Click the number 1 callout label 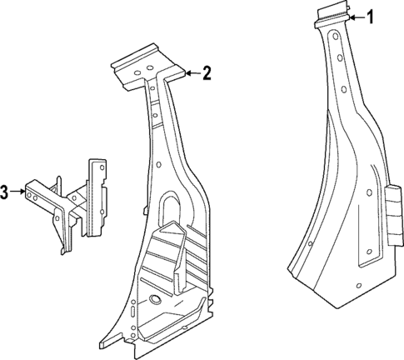(x=372, y=17)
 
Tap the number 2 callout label (x=207, y=73)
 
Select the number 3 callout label (x=5, y=192)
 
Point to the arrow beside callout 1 (x=356, y=17)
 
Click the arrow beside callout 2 (x=190, y=73)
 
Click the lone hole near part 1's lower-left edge (x=309, y=244)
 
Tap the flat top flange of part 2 (x=146, y=64)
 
